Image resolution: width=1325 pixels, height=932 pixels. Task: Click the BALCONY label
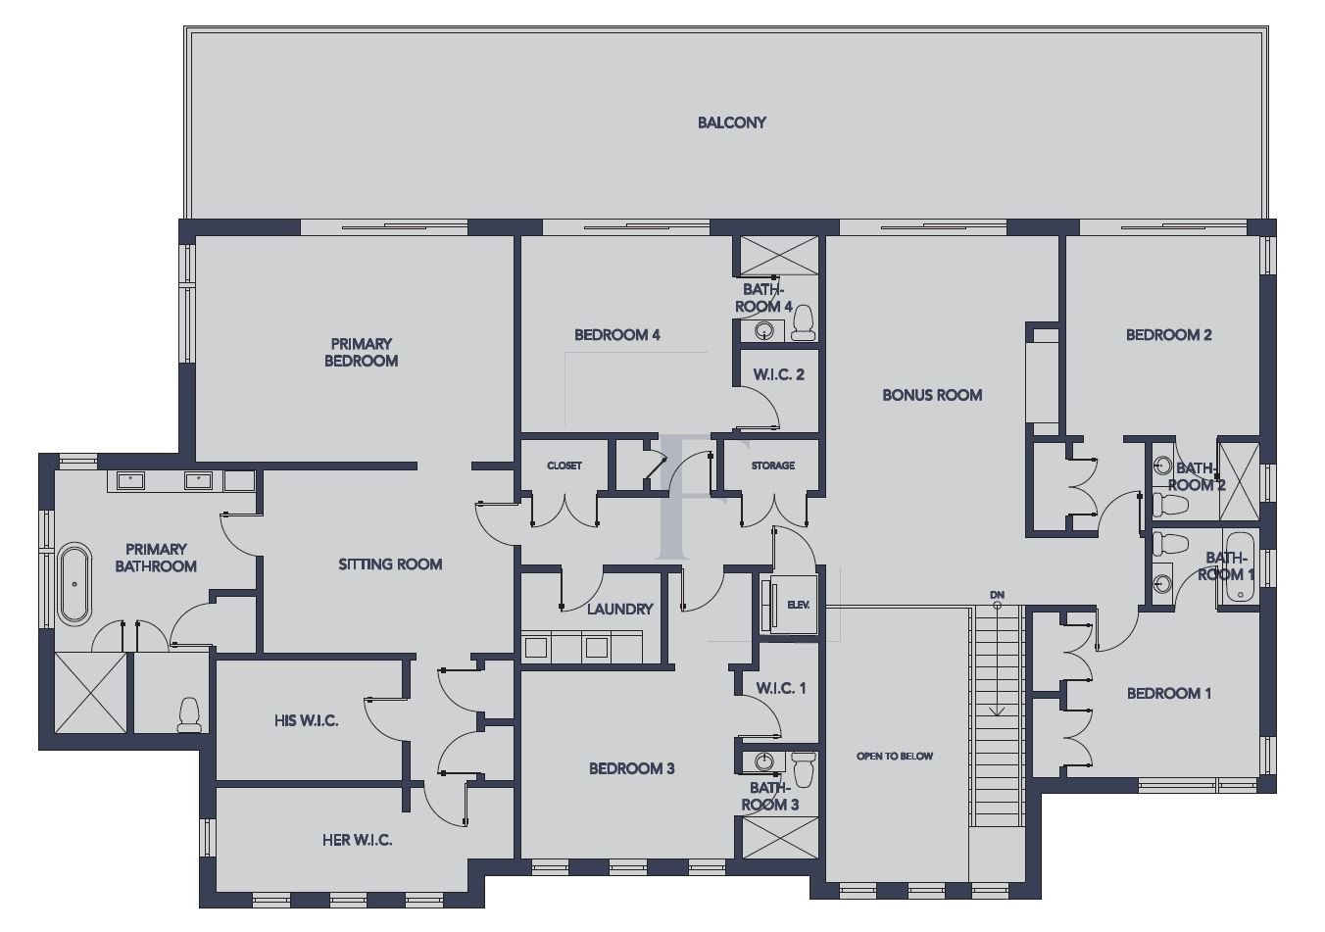(x=731, y=123)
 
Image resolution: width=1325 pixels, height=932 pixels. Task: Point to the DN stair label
(x=997, y=595)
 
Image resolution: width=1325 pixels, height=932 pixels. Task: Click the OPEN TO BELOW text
(x=894, y=756)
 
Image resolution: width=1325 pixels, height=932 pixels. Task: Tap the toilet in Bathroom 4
(x=803, y=322)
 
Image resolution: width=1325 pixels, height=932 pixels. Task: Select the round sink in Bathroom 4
(x=763, y=331)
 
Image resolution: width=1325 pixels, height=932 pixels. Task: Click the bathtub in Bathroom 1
(x=1239, y=570)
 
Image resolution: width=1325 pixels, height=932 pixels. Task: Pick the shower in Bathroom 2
(x=1238, y=479)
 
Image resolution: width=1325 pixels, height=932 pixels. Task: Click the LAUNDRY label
(x=619, y=609)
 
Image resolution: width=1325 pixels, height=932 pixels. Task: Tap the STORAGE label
(x=772, y=466)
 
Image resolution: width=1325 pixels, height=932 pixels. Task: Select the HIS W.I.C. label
(x=306, y=720)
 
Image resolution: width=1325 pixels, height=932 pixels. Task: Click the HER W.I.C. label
(x=357, y=840)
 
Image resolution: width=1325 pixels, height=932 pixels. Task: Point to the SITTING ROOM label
(x=390, y=564)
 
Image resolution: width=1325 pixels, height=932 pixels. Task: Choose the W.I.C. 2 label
(x=778, y=374)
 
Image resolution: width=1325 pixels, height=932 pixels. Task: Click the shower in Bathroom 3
(x=779, y=838)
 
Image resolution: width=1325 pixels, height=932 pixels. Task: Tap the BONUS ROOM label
(x=931, y=395)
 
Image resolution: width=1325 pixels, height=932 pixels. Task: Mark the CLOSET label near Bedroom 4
(x=564, y=466)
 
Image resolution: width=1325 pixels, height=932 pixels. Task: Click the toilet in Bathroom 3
(x=804, y=769)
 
